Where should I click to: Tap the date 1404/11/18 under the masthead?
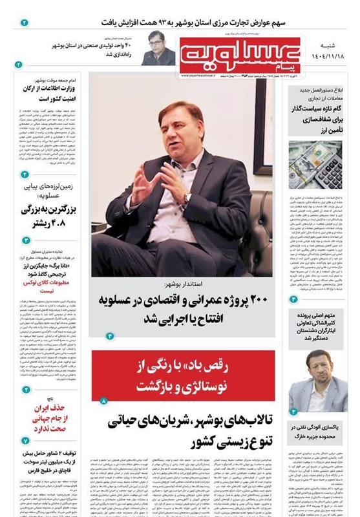330,58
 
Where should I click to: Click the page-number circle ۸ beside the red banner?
101,402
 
